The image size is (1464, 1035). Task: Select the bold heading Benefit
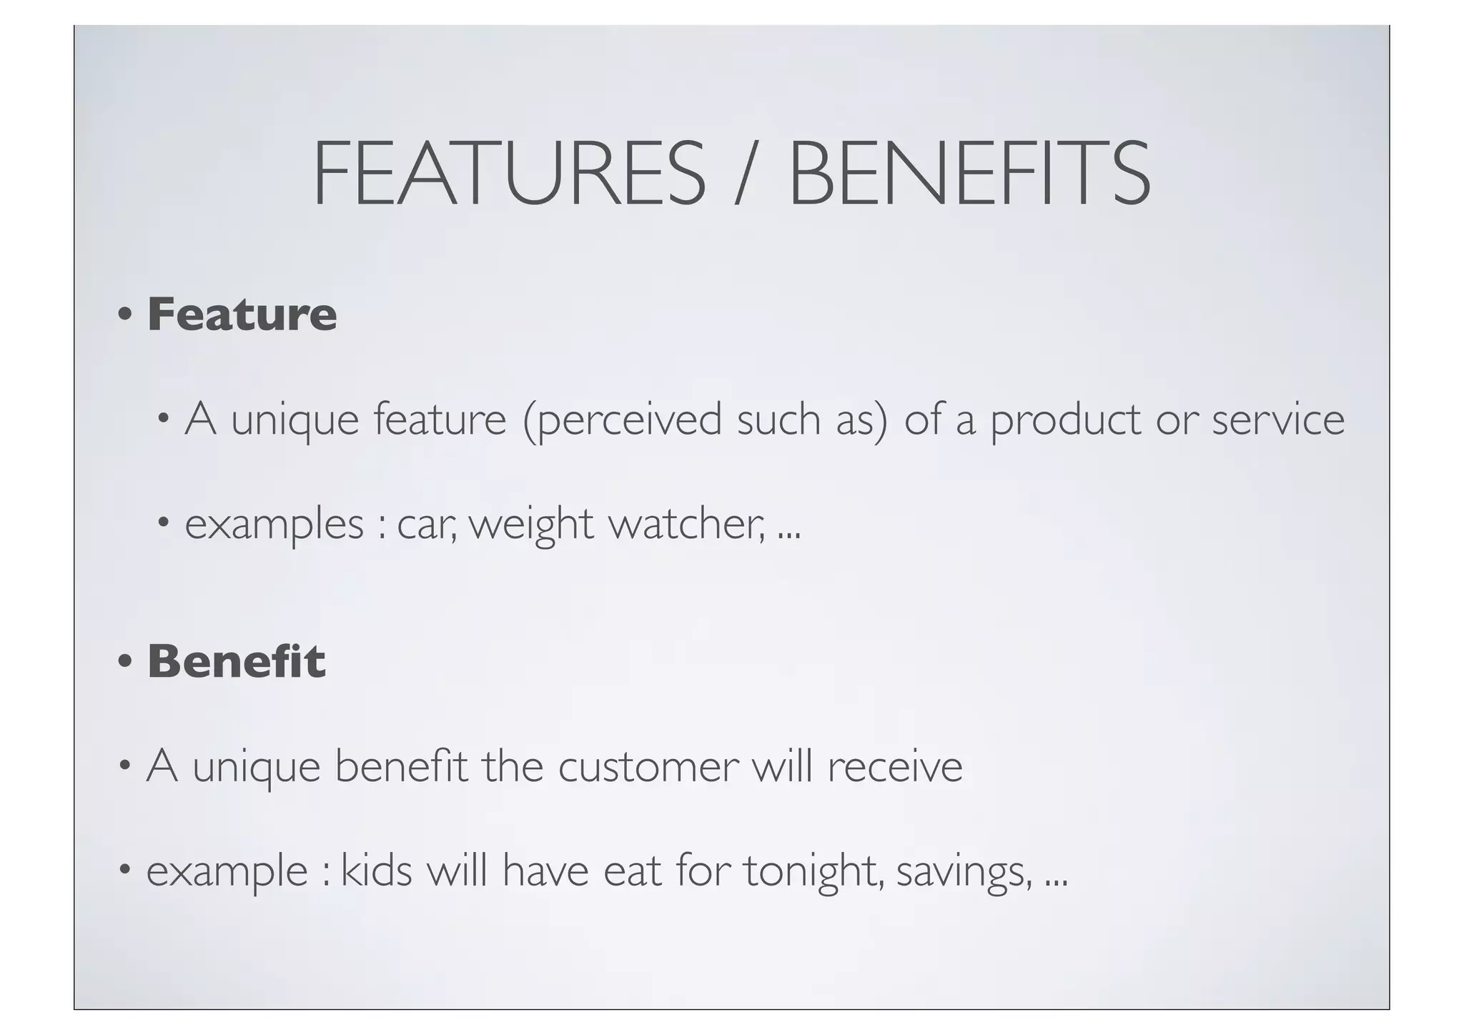[x=237, y=661]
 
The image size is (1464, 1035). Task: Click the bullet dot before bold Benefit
[x=125, y=661]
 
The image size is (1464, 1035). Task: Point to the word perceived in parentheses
[x=629, y=421]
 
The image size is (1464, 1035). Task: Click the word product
[x=1065, y=421]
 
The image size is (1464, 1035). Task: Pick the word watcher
[x=686, y=525]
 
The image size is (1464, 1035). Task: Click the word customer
[x=648, y=768]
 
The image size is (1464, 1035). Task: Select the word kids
[x=377, y=871]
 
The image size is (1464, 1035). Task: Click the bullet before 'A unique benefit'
[x=125, y=767]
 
